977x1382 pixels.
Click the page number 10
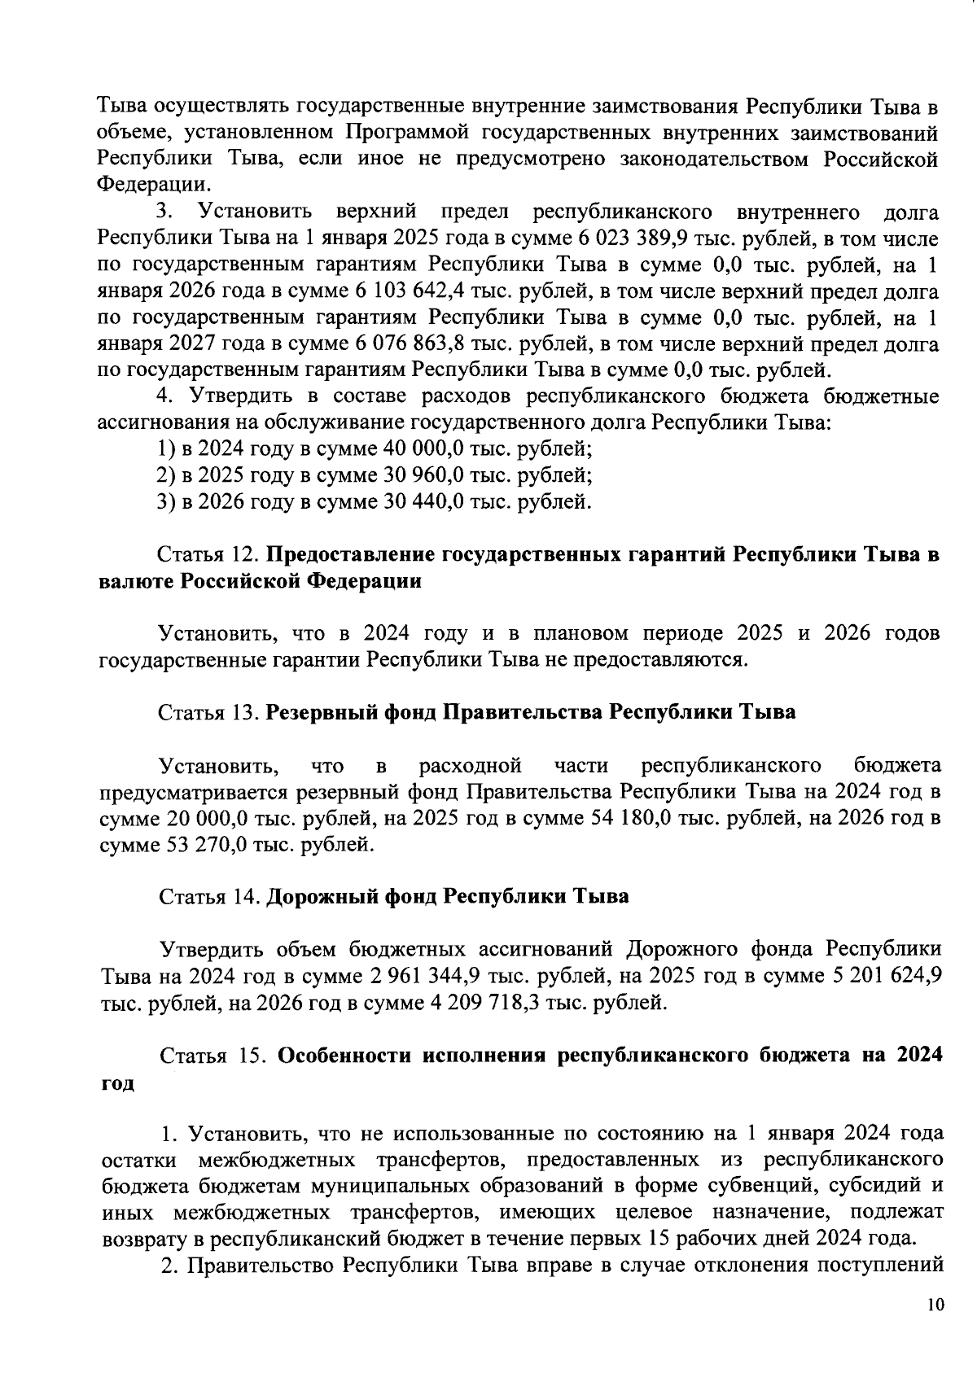pyautogui.click(x=935, y=1305)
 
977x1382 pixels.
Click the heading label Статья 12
pyautogui.click(x=208, y=555)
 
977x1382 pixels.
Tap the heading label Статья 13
pyautogui.click(x=208, y=712)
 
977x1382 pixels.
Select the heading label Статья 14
pyautogui.click(x=208, y=897)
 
